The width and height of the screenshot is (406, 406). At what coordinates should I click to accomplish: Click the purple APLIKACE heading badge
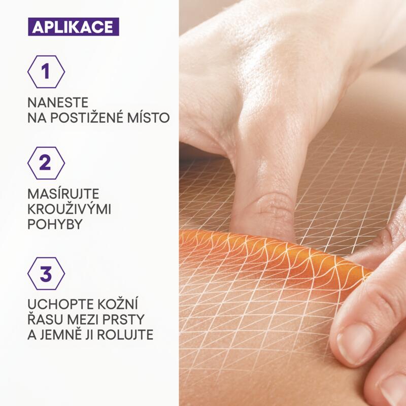tap(73, 26)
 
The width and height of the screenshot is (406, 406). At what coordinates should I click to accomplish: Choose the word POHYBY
tap(55, 225)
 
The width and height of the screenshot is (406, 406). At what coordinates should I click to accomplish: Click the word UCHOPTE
tap(59, 306)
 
